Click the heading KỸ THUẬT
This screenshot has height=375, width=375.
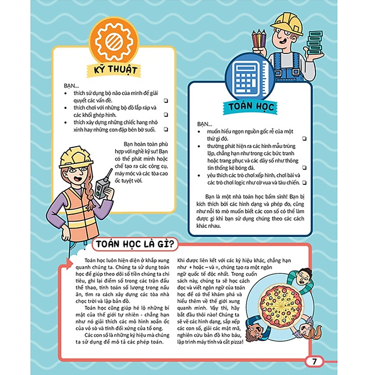coord(115,69)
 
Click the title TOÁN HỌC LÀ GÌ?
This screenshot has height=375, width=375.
coord(134,244)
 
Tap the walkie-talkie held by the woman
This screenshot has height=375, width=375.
coord(102,185)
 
